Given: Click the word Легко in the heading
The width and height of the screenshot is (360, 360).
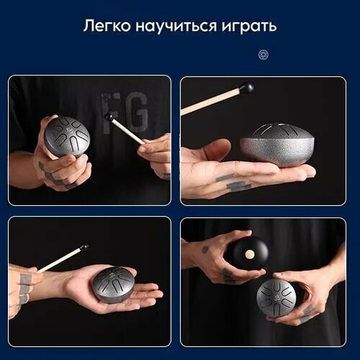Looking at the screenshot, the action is coord(107,26).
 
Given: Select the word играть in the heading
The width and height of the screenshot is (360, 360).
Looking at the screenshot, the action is coord(249,27).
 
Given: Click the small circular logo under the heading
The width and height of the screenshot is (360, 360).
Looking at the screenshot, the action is coord(264,55).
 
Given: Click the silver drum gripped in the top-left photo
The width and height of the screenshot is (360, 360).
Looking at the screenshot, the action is coord(67,136).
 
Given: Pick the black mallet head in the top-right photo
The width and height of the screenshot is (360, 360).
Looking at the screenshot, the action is coord(248,86).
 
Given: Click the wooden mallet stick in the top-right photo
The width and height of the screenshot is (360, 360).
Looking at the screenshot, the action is coord(211,101).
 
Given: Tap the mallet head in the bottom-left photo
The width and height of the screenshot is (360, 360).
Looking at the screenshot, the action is coord(84,248).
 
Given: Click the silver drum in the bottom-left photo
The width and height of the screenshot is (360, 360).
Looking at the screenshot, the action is coord(114,284).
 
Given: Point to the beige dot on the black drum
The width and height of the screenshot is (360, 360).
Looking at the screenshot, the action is coord(249,254).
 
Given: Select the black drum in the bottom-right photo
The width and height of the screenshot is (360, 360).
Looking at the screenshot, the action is coord(248,253).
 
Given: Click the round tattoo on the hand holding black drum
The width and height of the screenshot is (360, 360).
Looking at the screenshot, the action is coord(204,250).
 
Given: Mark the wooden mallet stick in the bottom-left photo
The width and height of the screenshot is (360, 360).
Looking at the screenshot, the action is coord(59,261).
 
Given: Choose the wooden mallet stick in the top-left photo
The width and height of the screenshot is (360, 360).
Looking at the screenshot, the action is coord(127,132).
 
